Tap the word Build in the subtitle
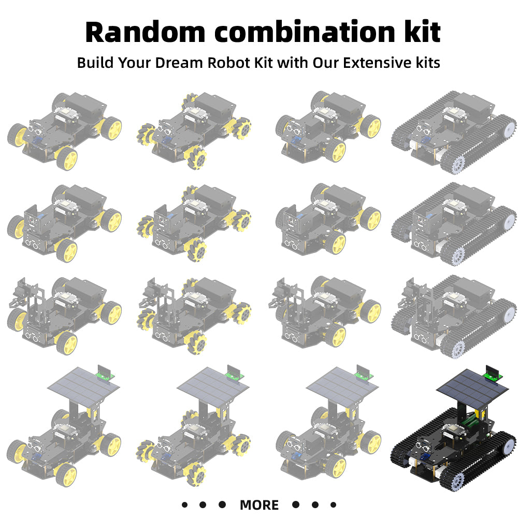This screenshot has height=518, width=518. (x=95, y=63)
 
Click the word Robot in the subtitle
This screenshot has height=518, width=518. (x=228, y=63)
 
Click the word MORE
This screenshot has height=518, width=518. (x=259, y=505)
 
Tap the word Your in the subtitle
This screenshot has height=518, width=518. (x=135, y=63)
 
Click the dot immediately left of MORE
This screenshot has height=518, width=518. (x=222, y=505)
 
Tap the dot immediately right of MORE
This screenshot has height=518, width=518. (x=295, y=505)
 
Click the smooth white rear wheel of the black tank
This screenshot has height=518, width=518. (x=509, y=444)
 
